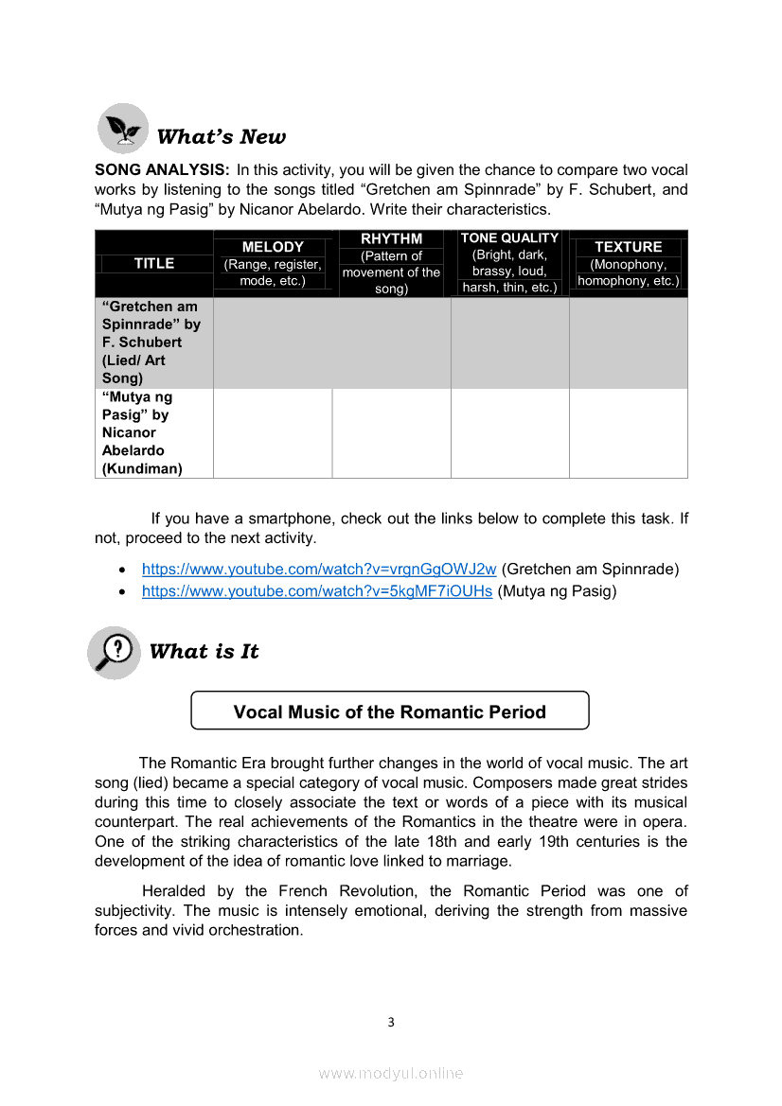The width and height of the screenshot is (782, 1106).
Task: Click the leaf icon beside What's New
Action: [x=123, y=129]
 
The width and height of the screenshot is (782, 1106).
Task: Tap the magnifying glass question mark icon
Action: [x=115, y=652]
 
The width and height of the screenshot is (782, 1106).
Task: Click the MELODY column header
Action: [x=273, y=247]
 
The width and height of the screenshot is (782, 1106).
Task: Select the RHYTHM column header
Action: [x=391, y=238]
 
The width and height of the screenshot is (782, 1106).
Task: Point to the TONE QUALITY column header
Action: [x=509, y=237]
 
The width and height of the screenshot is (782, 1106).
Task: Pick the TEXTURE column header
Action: [x=628, y=247]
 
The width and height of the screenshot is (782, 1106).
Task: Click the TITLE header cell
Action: [x=154, y=263]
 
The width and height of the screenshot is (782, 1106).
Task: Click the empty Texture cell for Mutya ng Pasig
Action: [x=628, y=432]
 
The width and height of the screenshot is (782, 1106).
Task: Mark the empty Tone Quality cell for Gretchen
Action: [x=509, y=342]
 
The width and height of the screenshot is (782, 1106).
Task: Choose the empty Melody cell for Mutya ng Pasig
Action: [x=273, y=432]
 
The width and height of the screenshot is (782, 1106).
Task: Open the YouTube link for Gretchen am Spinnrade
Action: [x=319, y=569]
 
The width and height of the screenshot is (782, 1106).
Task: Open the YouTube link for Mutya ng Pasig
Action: [x=317, y=591]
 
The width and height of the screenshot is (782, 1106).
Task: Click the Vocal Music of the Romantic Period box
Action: [x=390, y=711]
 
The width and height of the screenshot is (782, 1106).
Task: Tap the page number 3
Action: [x=390, y=1022]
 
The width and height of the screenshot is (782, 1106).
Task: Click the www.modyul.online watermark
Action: [x=390, y=1073]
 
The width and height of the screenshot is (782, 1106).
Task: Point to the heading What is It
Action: [x=204, y=651]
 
